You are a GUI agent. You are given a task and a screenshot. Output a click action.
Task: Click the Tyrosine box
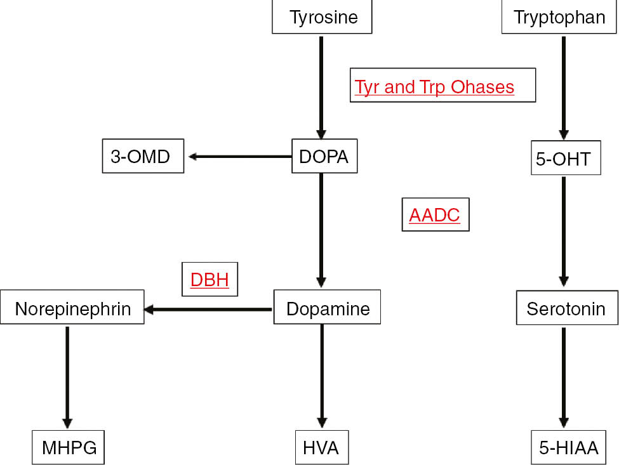pos(322,17)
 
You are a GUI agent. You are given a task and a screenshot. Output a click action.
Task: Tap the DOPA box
pos(324,156)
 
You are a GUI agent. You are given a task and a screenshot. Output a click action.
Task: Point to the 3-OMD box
pos(143,156)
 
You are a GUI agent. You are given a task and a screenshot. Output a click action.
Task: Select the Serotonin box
pos(565,308)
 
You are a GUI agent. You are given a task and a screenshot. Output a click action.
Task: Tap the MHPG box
pos(69,447)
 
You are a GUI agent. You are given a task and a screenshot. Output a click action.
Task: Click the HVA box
pos(322,447)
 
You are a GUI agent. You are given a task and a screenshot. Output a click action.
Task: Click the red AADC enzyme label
pos(435,215)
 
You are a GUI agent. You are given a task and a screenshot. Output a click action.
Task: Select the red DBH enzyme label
pos(210,280)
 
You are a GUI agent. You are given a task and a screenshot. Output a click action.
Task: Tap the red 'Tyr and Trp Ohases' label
pos(443,86)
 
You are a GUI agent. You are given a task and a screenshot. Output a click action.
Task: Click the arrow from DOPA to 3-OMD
pos(239,156)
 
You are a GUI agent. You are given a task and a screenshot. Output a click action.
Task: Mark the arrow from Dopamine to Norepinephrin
pos(209,310)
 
